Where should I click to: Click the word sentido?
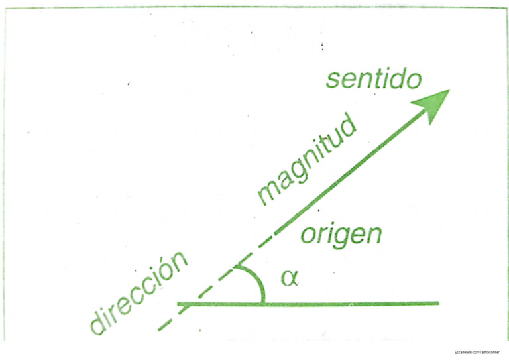point(373,79)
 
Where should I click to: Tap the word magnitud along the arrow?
point(306,161)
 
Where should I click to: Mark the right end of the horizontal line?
point(437,304)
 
